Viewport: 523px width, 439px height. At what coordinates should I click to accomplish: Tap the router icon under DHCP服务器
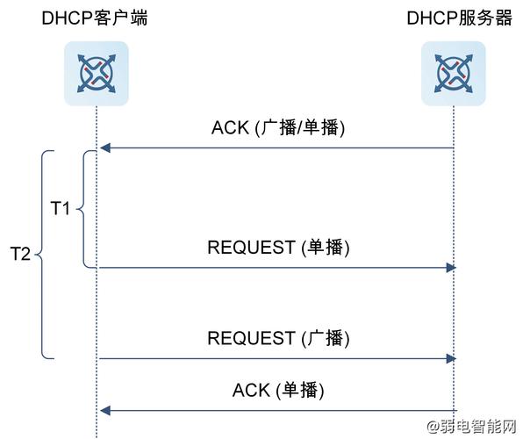coord(453,74)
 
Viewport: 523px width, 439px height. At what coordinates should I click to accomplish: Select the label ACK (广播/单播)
coord(278,127)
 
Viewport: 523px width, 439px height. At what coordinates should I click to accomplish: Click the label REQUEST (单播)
coord(278,248)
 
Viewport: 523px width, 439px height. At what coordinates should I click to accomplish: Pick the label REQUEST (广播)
coord(278,338)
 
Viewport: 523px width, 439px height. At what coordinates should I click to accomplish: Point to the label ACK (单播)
coord(278,390)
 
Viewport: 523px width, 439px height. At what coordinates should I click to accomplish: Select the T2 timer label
coord(20,255)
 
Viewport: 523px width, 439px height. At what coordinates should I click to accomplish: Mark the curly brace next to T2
coord(43,255)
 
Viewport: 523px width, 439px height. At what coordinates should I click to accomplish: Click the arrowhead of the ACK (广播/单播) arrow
coord(104,148)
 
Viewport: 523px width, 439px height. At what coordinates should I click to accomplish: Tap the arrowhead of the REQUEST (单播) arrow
coord(451,267)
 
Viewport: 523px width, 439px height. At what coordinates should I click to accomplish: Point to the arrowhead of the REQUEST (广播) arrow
coord(451,357)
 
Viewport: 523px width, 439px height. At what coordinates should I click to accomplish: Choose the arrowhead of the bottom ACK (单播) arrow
coord(104,410)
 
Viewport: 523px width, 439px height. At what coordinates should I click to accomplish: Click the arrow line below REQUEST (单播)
coord(276,267)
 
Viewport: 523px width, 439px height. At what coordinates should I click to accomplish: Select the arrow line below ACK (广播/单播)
coord(276,148)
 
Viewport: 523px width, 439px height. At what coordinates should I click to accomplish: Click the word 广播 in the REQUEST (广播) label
coord(326,338)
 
